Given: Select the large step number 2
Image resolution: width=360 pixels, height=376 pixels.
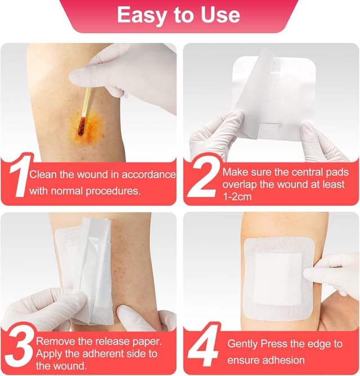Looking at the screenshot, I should click(201, 179).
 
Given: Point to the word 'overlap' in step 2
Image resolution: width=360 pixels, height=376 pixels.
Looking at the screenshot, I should click(239, 184).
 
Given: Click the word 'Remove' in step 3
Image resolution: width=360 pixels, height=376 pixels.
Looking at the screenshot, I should click(53, 341).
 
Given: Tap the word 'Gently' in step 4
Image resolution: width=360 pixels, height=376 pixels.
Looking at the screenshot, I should click(243, 343).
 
